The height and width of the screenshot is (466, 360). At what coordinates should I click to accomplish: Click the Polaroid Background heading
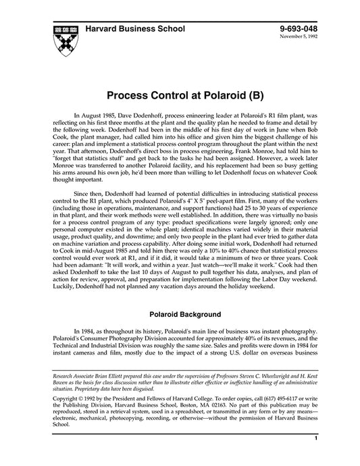click(x=180, y=314)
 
